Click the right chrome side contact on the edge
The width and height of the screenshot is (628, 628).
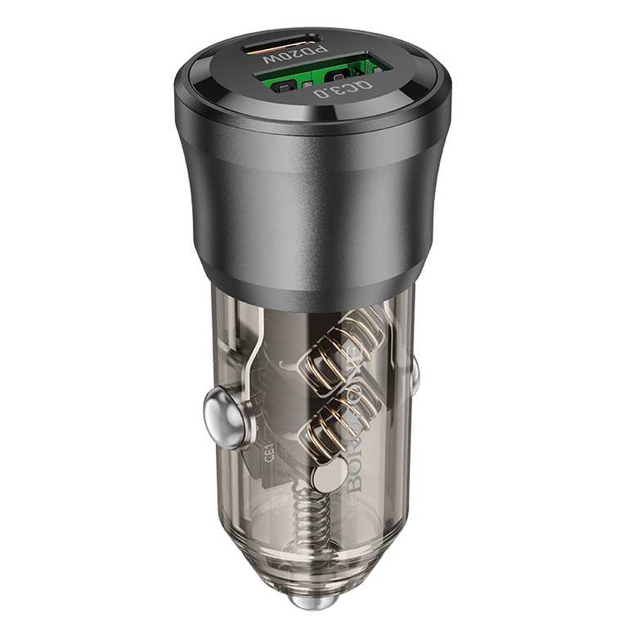(414, 373)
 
